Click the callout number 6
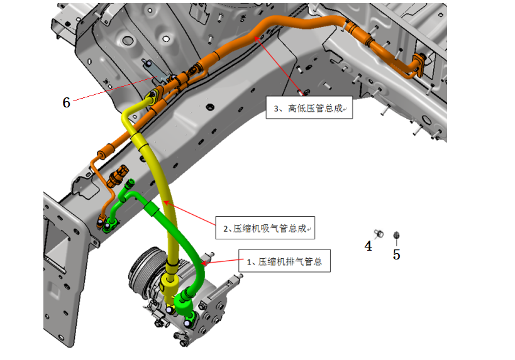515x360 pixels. pyautogui.click(x=67, y=102)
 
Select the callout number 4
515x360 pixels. pyautogui.click(x=368, y=246)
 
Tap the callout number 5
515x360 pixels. pyautogui.click(x=396, y=254)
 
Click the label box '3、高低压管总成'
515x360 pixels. pyautogui.click(x=309, y=107)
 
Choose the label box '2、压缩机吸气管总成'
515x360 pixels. pyautogui.click(x=265, y=227)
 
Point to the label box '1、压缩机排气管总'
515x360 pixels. pyautogui.click(x=284, y=261)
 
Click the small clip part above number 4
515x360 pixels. pyautogui.click(x=379, y=234)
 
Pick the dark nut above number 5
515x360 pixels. pyautogui.click(x=396, y=235)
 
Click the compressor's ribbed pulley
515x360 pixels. pyautogui.click(x=145, y=269)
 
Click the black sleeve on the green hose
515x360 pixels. pyautogui.click(x=152, y=209)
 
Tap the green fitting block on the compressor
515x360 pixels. pyautogui.click(x=183, y=303)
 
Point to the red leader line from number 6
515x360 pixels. pyautogui.click(x=114, y=89)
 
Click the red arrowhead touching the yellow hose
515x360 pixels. pyautogui.click(x=167, y=204)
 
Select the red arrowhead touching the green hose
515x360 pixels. pyautogui.click(x=204, y=263)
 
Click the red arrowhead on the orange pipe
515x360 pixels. pyautogui.click(x=257, y=39)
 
